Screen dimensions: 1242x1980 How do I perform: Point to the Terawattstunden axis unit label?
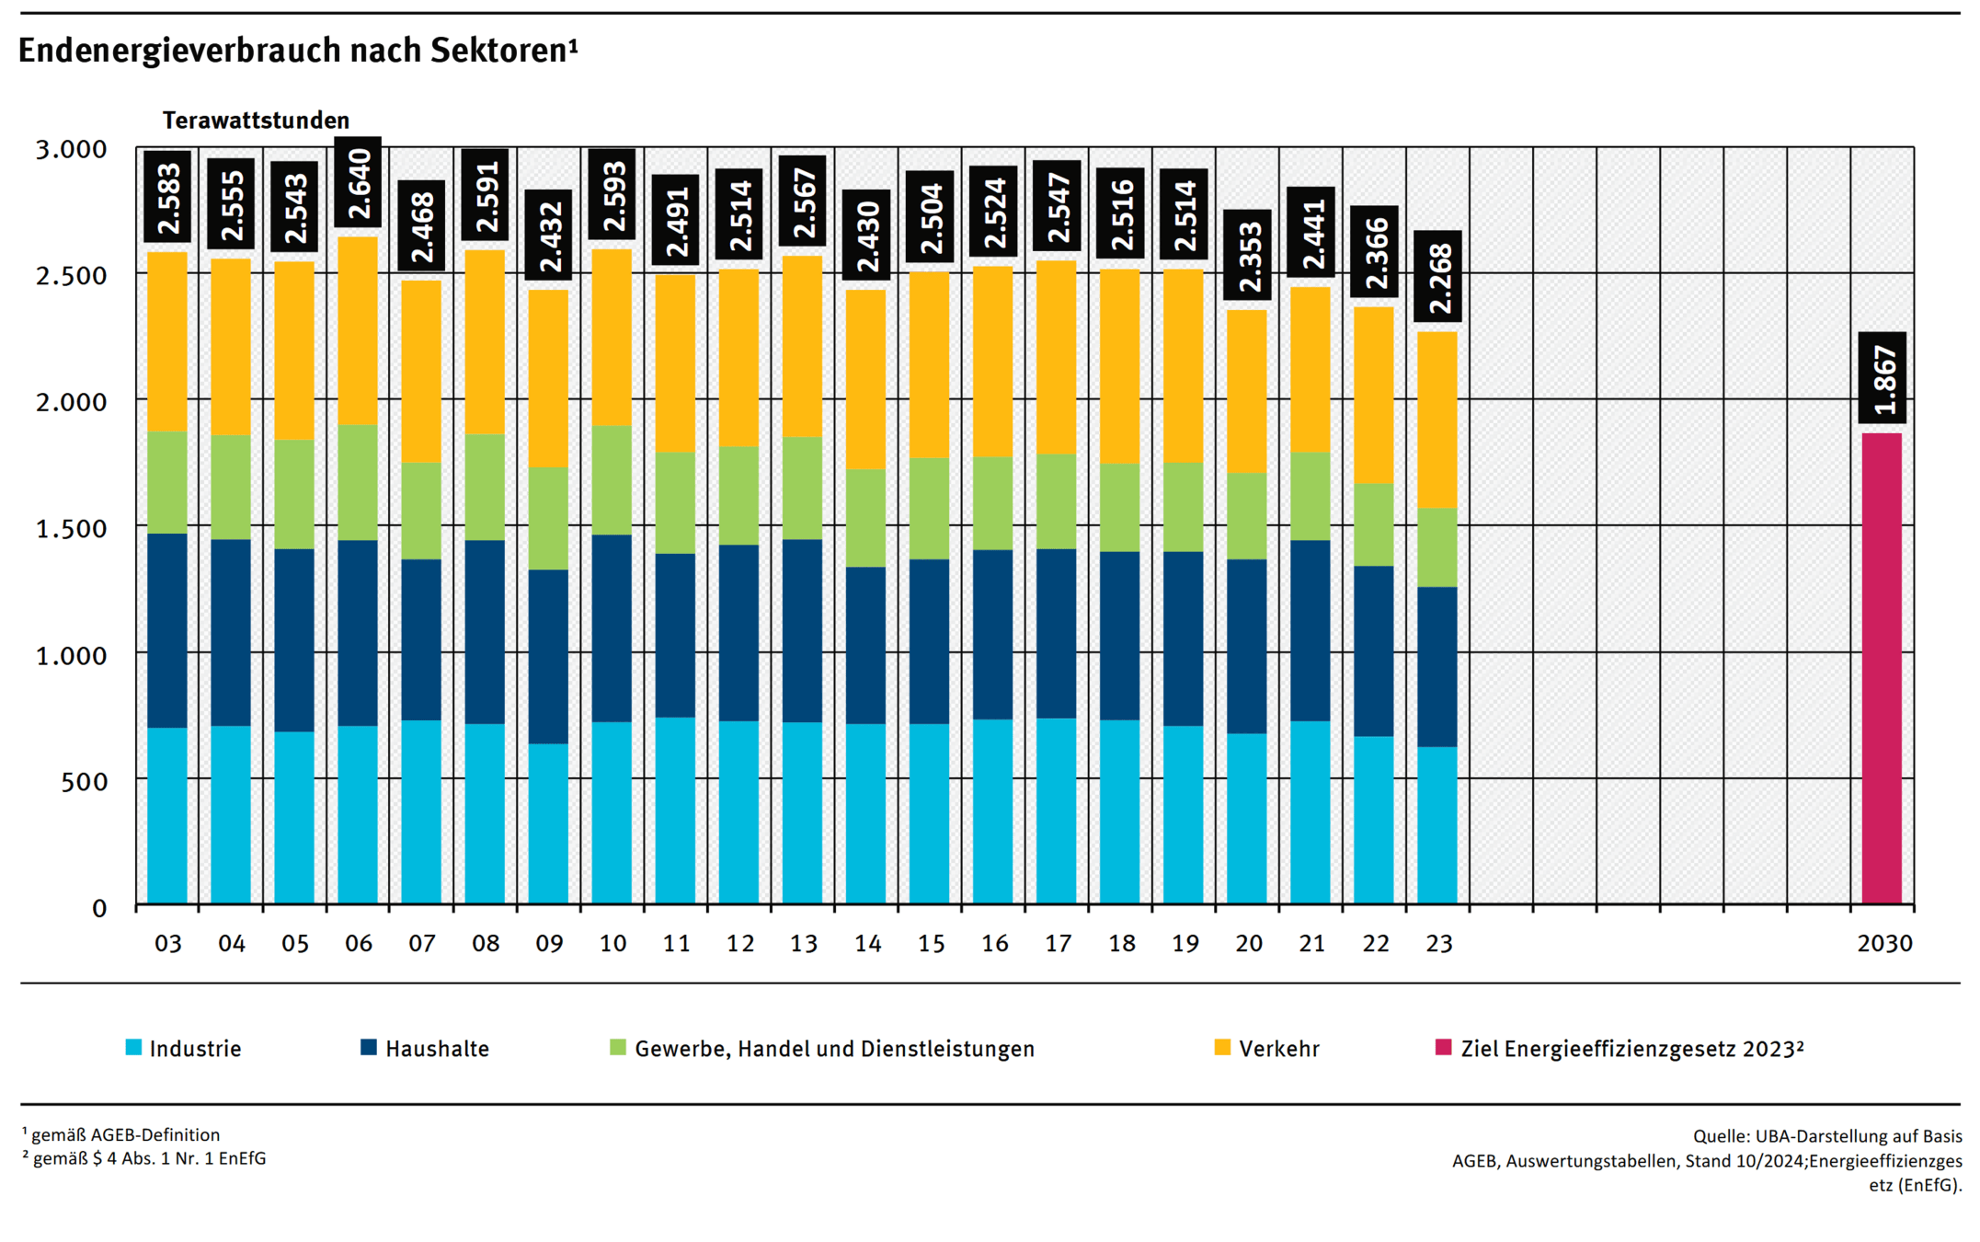256,121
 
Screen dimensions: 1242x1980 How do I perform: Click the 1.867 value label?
1882,378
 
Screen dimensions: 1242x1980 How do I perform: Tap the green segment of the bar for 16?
993,503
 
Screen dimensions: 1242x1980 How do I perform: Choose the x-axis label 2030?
1884,944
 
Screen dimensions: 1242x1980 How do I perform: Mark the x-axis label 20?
1248,944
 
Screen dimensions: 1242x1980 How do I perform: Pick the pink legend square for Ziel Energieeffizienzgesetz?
1444,1048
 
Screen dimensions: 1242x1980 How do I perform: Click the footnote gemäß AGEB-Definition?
124,1135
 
